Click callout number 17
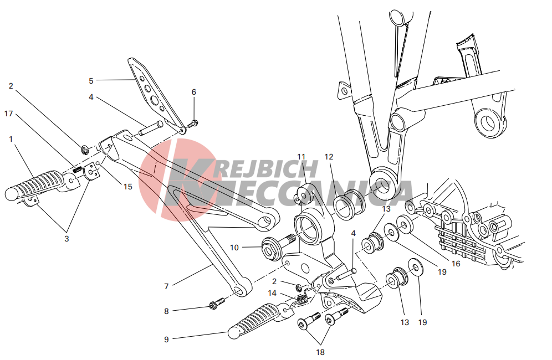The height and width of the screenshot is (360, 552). (x=8, y=114)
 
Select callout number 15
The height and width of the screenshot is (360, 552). (x=128, y=187)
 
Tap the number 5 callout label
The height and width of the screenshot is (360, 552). (x=91, y=81)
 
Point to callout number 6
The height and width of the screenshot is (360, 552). (x=193, y=92)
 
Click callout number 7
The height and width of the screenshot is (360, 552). (x=166, y=286)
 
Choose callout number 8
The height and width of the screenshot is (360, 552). (x=166, y=311)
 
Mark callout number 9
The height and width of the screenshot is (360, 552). (x=166, y=340)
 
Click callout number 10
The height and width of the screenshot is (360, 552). (x=234, y=248)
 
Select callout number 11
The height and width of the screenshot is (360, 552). (x=301, y=157)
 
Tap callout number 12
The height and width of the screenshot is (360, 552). (x=329, y=157)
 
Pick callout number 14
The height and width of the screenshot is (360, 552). (x=272, y=293)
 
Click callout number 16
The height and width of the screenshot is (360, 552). (x=456, y=264)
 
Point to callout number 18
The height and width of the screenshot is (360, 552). (x=320, y=352)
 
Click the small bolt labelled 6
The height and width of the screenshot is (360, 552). (x=193, y=124)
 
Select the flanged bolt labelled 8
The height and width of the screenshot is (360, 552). (x=217, y=304)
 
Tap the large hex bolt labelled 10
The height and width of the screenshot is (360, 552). (x=278, y=245)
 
